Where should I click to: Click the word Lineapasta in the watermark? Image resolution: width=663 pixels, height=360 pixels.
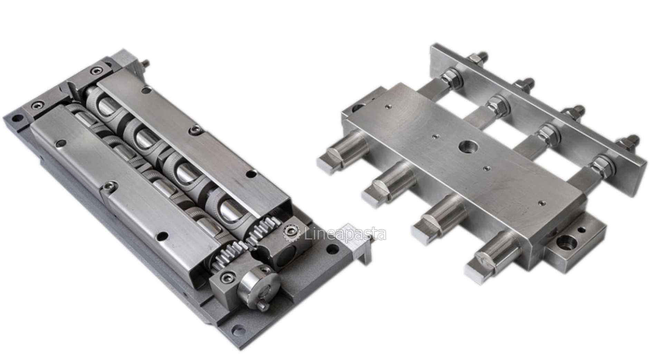[x=346, y=234]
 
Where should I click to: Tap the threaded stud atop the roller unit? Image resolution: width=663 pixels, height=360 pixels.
[x=145, y=64]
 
